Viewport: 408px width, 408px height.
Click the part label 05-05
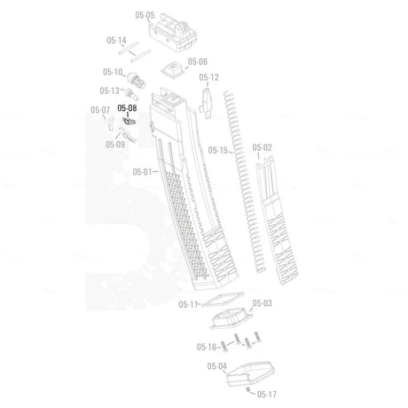click(x=145, y=15)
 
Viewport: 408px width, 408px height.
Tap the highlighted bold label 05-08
click(x=127, y=108)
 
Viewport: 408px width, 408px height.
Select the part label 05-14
click(x=116, y=40)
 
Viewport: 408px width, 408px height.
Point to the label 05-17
click(x=267, y=394)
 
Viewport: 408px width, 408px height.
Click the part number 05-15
click(x=218, y=150)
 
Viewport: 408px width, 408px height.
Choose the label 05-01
click(x=142, y=172)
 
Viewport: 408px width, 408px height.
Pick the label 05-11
click(x=188, y=304)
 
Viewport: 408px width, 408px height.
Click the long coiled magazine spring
click(x=244, y=182)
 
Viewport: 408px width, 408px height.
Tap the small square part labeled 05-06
click(x=172, y=70)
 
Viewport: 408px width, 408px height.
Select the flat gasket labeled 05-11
click(x=224, y=300)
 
